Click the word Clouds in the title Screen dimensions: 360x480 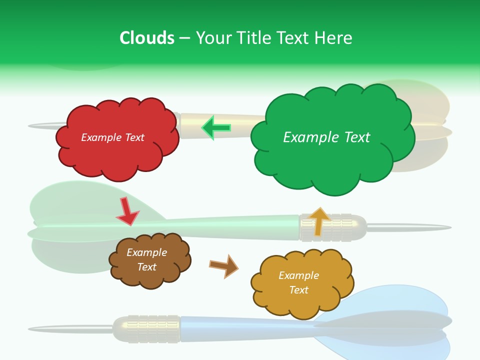[146, 38]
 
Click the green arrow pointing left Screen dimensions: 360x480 [216, 128]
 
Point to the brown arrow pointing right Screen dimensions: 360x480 [224, 265]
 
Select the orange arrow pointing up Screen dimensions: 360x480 [319, 221]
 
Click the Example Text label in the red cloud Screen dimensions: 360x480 [112, 137]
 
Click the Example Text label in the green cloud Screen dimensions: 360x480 [326, 137]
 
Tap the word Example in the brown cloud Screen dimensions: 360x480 [146, 252]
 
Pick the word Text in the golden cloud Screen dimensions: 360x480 [298, 290]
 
